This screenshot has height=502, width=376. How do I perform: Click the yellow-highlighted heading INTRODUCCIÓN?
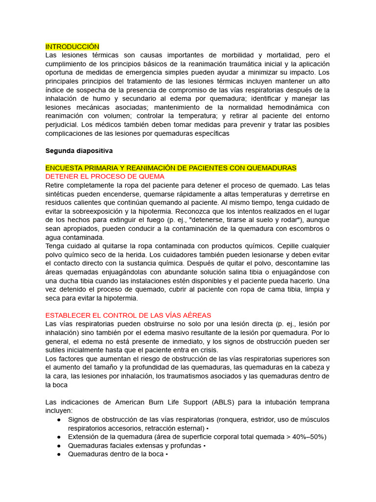point(72,47)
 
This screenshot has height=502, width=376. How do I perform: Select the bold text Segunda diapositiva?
point(79,151)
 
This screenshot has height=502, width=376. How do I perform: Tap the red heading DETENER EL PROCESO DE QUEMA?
point(105,176)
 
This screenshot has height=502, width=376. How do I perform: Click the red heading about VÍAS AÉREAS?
point(128,315)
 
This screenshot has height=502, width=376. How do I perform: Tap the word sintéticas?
point(62,194)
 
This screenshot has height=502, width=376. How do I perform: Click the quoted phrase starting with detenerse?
point(236,220)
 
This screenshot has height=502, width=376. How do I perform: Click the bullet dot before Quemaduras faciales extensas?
point(59,446)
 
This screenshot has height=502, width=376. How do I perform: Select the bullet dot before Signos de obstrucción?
point(59,420)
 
